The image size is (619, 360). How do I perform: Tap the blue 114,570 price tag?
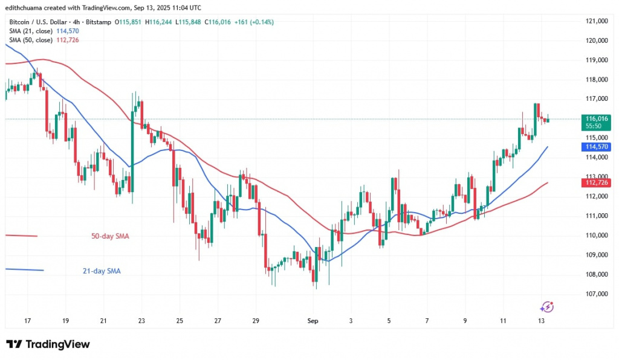point(597,147)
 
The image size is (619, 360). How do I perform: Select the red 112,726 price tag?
point(597,182)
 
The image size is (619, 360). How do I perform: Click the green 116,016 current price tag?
point(597,120)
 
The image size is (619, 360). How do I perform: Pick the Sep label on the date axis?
point(313,321)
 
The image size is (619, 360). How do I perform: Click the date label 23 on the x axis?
point(141,321)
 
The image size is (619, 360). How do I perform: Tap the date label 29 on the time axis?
point(256,321)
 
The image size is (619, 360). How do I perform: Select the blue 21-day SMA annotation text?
point(101,271)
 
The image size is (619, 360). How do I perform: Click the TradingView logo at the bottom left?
point(48,344)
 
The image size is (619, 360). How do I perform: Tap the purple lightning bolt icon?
point(547,307)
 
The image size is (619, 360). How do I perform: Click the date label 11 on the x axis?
point(503,321)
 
